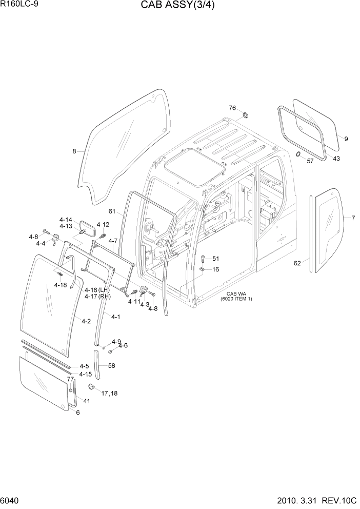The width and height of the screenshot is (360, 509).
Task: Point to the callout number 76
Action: pyautogui.click(x=232, y=108)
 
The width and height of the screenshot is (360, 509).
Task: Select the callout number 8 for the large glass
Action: pyautogui.click(x=74, y=151)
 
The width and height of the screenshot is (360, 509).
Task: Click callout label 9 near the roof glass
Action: pyautogui.click(x=346, y=139)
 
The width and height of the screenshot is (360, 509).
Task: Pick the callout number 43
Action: pyautogui.click(x=336, y=158)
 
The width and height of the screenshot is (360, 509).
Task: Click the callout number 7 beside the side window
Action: pyautogui.click(x=353, y=218)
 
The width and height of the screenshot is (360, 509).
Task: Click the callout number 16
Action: pyautogui.click(x=215, y=269)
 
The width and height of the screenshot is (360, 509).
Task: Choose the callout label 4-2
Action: pyautogui.click(x=86, y=321)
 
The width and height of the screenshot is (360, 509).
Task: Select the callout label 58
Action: pyautogui.click(x=111, y=365)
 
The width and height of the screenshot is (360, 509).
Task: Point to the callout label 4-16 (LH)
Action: pyautogui.click(x=97, y=290)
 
